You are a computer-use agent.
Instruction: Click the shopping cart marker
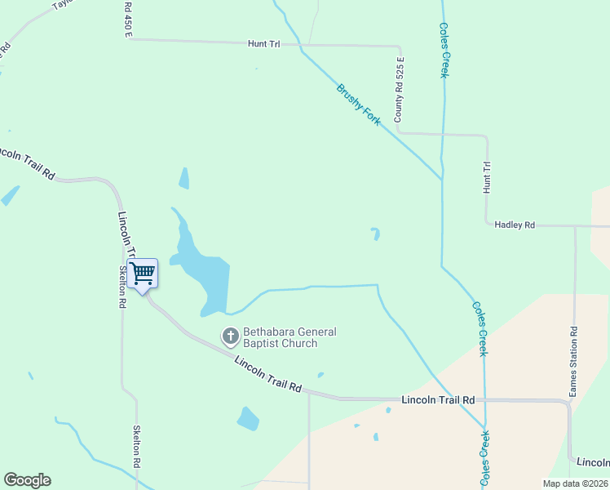(x=143, y=274)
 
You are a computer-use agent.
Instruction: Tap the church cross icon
(x=231, y=335)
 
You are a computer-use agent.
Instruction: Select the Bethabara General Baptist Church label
(x=281, y=337)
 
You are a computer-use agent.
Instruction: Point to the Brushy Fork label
(x=359, y=104)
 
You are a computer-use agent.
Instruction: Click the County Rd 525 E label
(x=400, y=90)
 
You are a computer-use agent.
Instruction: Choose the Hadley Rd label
(x=515, y=225)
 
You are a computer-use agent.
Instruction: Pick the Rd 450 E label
(x=128, y=18)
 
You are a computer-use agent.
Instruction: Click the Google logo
(x=27, y=480)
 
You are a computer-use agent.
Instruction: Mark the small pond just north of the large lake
(x=184, y=178)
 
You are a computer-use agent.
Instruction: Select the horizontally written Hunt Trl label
(x=263, y=44)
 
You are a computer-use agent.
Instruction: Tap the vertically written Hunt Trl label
(x=487, y=177)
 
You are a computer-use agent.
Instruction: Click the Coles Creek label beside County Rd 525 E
(x=444, y=49)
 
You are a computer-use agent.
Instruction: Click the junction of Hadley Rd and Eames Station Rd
(x=575, y=226)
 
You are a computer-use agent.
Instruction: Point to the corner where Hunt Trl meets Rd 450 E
(x=128, y=38)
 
